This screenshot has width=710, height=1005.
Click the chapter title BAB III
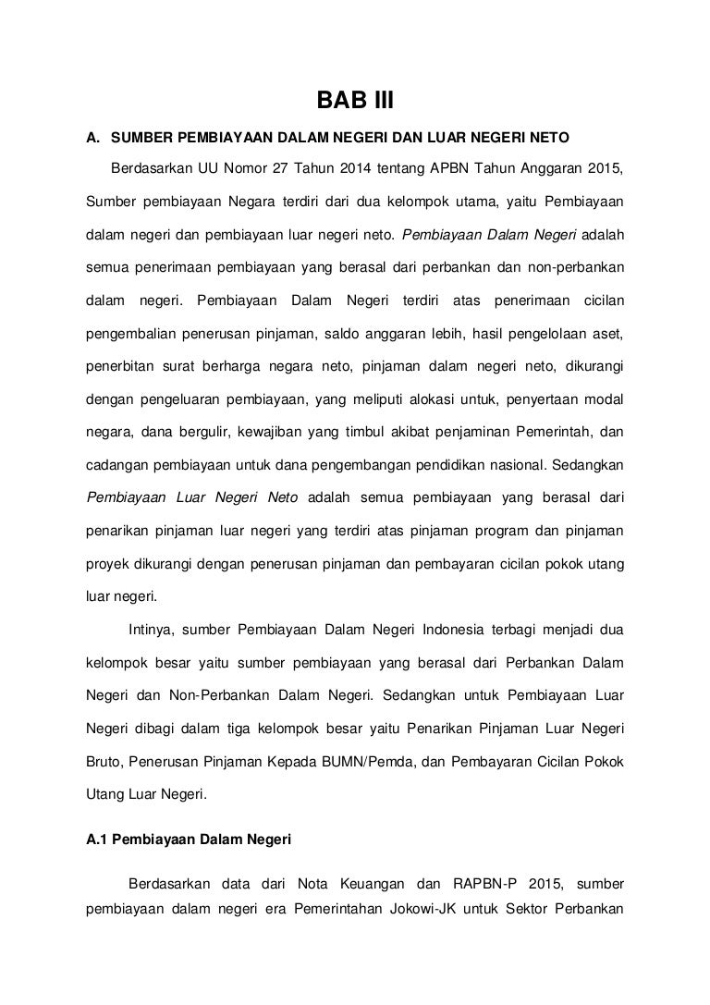click(x=355, y=100)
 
